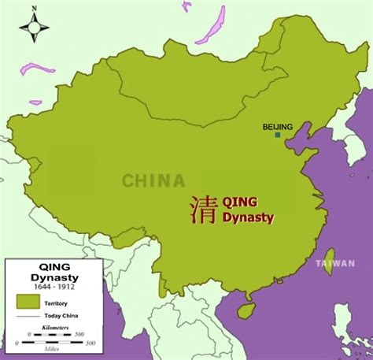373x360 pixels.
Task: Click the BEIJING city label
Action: [x=278, y=126]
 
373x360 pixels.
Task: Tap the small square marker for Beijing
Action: [x=277, y=135]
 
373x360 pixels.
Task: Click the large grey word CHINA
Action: [x=153, y=181]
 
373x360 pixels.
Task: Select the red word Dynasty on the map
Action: [x=249, y=218]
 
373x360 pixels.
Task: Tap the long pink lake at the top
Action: [x=211, y=26]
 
